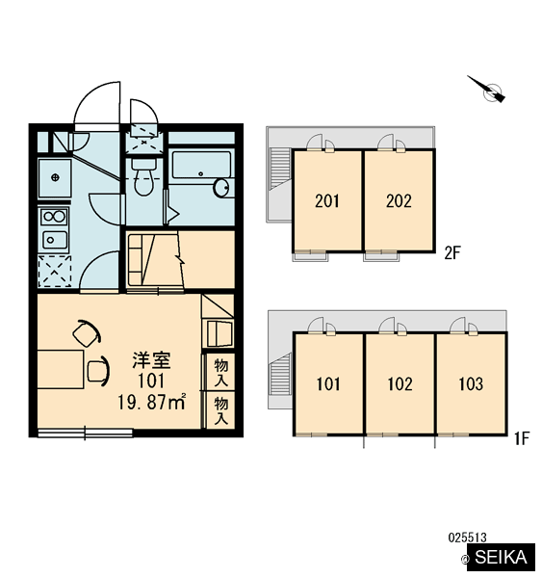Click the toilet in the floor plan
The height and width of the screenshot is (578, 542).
point(143,177)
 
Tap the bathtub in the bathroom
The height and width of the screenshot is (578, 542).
point(201,168)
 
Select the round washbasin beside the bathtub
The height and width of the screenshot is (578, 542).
point(221,189)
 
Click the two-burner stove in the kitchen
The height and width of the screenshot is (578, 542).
point(54,217)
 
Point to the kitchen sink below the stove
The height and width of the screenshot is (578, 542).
point(54,240)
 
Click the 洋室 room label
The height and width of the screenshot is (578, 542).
point(151,360)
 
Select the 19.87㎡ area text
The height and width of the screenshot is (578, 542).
point(151,402)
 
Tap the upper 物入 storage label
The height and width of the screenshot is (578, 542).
point(221,372)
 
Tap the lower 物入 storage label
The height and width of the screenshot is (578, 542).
point(221,410)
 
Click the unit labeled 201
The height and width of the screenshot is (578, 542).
point(327,201)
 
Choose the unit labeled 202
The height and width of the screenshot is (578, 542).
point(399,201)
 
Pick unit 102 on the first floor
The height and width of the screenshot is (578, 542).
point(400,384)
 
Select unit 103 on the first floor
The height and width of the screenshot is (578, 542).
point(471,384)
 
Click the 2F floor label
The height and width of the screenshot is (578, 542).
point(452,253)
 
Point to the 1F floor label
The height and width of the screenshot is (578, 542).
point(522,438)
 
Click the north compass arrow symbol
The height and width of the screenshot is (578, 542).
point(487,90)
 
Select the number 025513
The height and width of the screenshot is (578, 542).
point(467,538)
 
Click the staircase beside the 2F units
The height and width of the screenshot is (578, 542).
point(280,168)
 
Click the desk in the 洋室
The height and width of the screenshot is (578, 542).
point(61,369)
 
